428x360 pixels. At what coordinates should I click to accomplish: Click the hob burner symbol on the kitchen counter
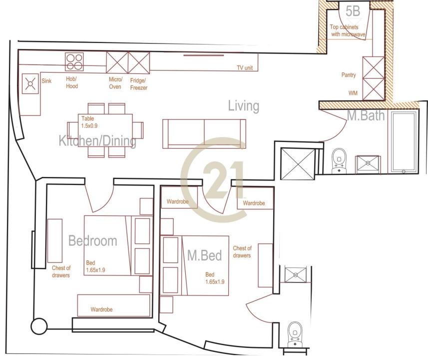[x=74, y=62]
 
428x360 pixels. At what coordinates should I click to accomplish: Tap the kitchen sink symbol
[x=30, y=83]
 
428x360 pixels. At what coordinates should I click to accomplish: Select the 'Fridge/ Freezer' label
[x=139, y=84]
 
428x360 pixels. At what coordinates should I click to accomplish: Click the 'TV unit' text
[x=245, y=68]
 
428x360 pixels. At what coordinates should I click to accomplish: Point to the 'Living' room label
[x=244, y=106]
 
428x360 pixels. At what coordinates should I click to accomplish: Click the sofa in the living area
[x=204, y=133]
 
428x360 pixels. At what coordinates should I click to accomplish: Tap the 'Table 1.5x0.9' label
[x=89, y=122]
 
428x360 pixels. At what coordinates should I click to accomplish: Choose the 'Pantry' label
[x=349, y=75]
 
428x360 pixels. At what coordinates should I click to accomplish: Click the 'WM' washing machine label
[x=353, y=93]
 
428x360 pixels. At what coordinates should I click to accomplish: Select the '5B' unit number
[x=353, y=11]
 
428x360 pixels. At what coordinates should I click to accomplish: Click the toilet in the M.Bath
[x=339, y=161]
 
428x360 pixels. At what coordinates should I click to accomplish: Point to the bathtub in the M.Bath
[x=404, y=142]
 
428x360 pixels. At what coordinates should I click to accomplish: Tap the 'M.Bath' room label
[x=366, y=115]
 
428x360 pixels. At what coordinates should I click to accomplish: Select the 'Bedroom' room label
[x=92, y=241]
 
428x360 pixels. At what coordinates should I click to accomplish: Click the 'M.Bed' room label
[x=204, y=255]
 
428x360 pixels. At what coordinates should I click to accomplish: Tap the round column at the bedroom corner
[x=39, y=326]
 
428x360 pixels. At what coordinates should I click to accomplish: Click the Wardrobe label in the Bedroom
[x=101, y=309]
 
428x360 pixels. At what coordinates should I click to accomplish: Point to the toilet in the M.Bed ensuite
[x=295, y=334]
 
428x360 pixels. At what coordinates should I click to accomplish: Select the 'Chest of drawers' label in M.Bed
[x=242, y=252]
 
